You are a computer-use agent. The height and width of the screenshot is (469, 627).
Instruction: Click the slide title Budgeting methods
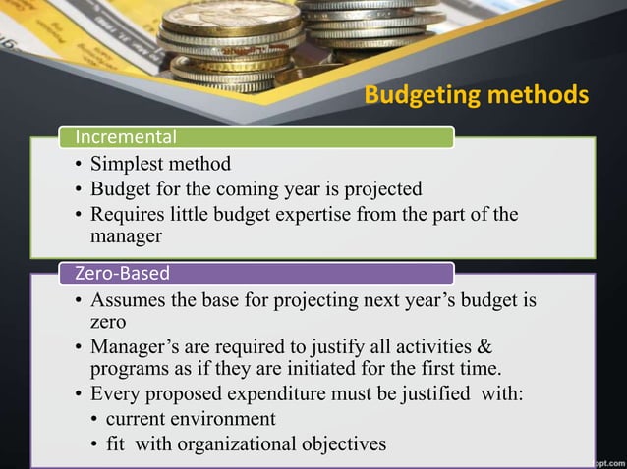click(477, 96)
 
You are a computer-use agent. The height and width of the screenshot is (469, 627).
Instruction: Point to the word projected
click(380, 188)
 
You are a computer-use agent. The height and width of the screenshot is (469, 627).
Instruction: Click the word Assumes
click(128, 299)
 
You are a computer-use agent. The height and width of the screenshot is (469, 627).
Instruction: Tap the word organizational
click(238, 444)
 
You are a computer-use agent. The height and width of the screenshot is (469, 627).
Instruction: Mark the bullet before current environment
click(94, 420)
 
